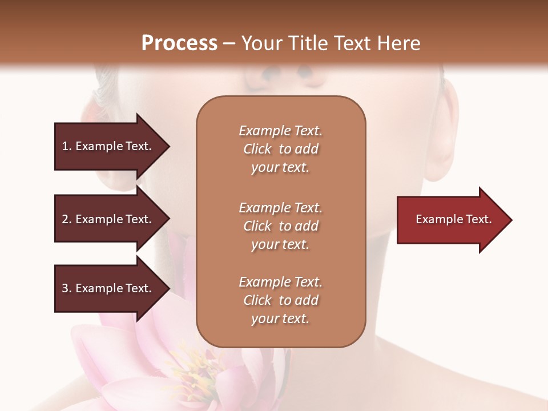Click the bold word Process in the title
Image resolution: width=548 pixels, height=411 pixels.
179,43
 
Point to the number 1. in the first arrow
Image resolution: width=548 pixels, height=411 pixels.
67,146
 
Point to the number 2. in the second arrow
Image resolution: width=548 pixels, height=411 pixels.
67,219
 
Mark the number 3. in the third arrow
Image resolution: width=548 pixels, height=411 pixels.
67,288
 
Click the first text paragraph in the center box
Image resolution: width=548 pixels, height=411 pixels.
280,149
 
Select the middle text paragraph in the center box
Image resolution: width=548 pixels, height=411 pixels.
280,226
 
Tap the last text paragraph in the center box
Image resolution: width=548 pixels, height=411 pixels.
280,300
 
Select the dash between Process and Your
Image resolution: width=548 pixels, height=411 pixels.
229,44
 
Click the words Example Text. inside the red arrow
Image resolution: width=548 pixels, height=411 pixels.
454,219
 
